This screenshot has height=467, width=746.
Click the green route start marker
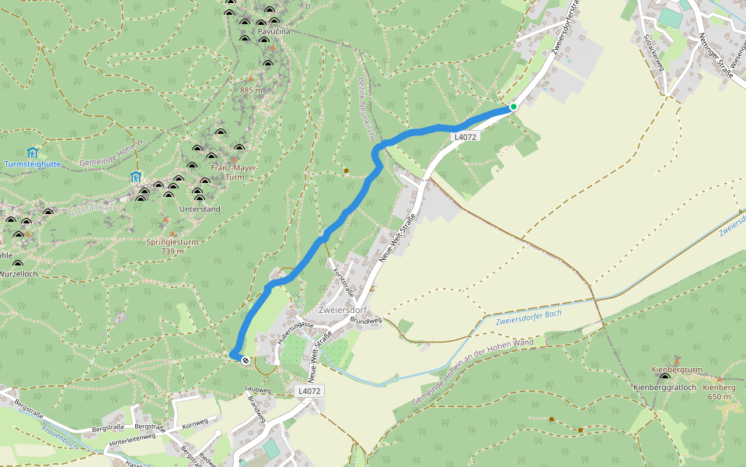[x=513, y=107]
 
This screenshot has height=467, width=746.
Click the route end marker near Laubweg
[x=246, y=360]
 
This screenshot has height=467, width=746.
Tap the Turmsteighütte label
[x=32, y=164]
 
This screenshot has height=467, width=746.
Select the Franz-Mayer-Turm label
[x=234, y=172]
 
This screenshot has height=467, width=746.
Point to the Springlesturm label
[x=173, y=242]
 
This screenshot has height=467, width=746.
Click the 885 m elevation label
[x=251, y=90]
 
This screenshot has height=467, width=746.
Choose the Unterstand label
[x=200, y=209]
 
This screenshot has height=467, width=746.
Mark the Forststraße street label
[x=343, y=283]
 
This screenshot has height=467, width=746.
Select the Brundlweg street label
[x=366, y=320]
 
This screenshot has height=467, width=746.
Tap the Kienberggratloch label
[x=662, y=387]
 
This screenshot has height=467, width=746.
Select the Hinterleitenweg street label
[x=133, y=440]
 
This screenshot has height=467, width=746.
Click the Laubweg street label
[x=258, y=389]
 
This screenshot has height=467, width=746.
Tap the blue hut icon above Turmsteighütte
[x=32, y=152]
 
